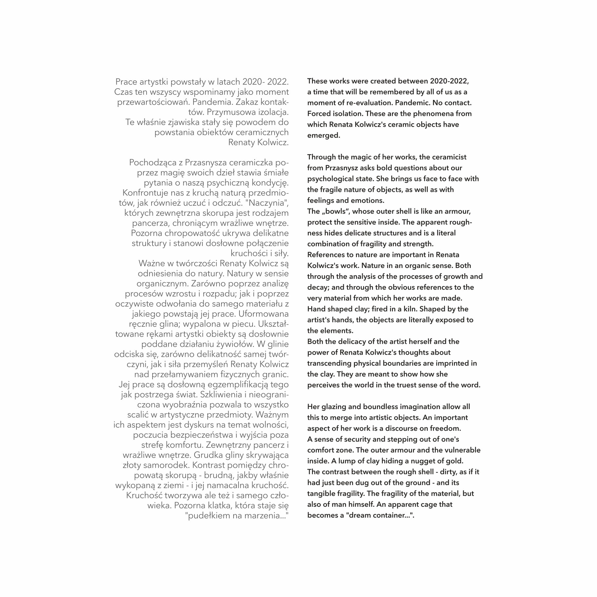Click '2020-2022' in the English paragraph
(x=449, y=81)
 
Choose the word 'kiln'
(x=410, y=309)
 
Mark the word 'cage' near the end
(x=429, y=504)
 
